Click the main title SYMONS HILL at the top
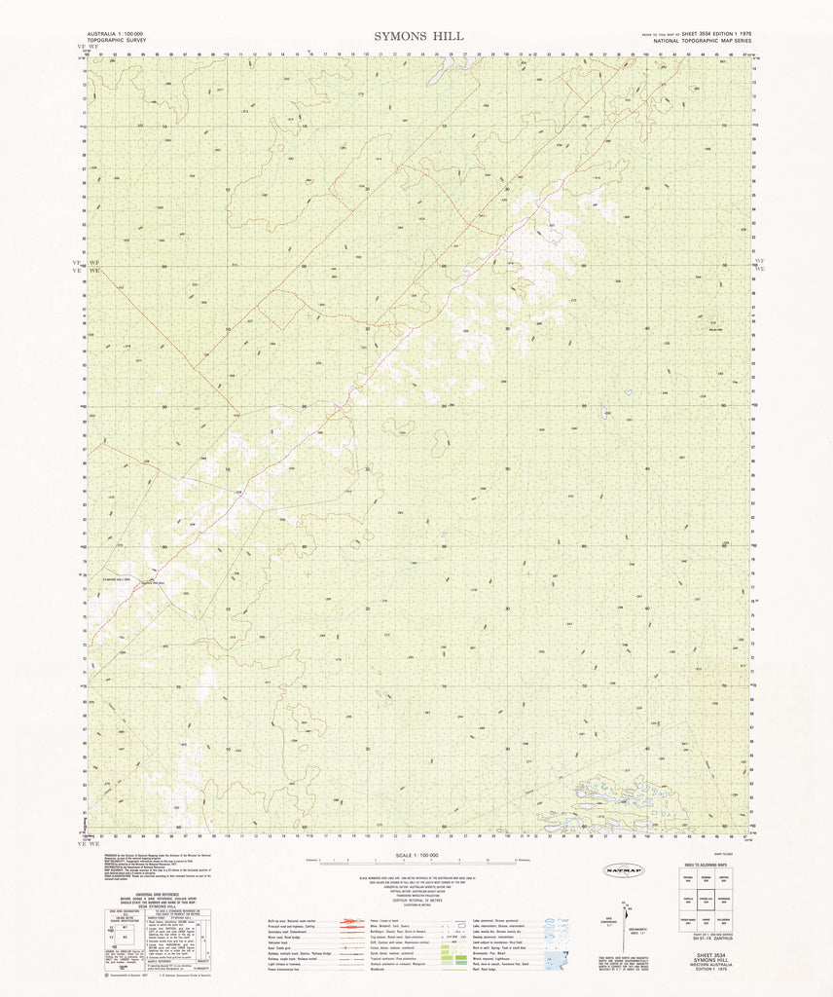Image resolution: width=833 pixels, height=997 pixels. click(417, 36)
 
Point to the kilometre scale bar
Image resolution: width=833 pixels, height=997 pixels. click(417, 862)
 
